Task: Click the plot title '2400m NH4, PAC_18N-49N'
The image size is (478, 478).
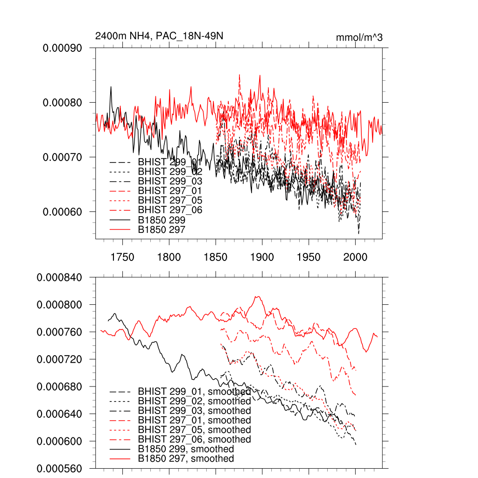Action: tap(156, 36)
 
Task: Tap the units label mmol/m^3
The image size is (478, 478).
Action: tap(359, 37)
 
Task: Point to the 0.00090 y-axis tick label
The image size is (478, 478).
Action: tap(63, 48)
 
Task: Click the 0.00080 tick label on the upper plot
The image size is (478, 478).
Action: tap(63, 103)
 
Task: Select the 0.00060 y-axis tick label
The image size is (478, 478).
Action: tap(63, 211)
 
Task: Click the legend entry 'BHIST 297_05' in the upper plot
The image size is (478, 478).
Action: tap(170, 200)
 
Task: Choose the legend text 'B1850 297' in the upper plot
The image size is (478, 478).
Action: tap(162, 230)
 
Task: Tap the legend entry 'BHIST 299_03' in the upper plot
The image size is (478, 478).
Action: tap(170, 181)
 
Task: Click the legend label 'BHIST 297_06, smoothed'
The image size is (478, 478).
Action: tap(194, 439)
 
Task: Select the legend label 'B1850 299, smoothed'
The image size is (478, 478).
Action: tap(186, 449)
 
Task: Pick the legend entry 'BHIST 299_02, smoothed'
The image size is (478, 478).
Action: tap(194, 401)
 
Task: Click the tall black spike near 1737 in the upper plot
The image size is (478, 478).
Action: tap(111, 87)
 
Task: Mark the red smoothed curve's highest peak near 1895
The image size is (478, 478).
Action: tap(256, 296)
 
